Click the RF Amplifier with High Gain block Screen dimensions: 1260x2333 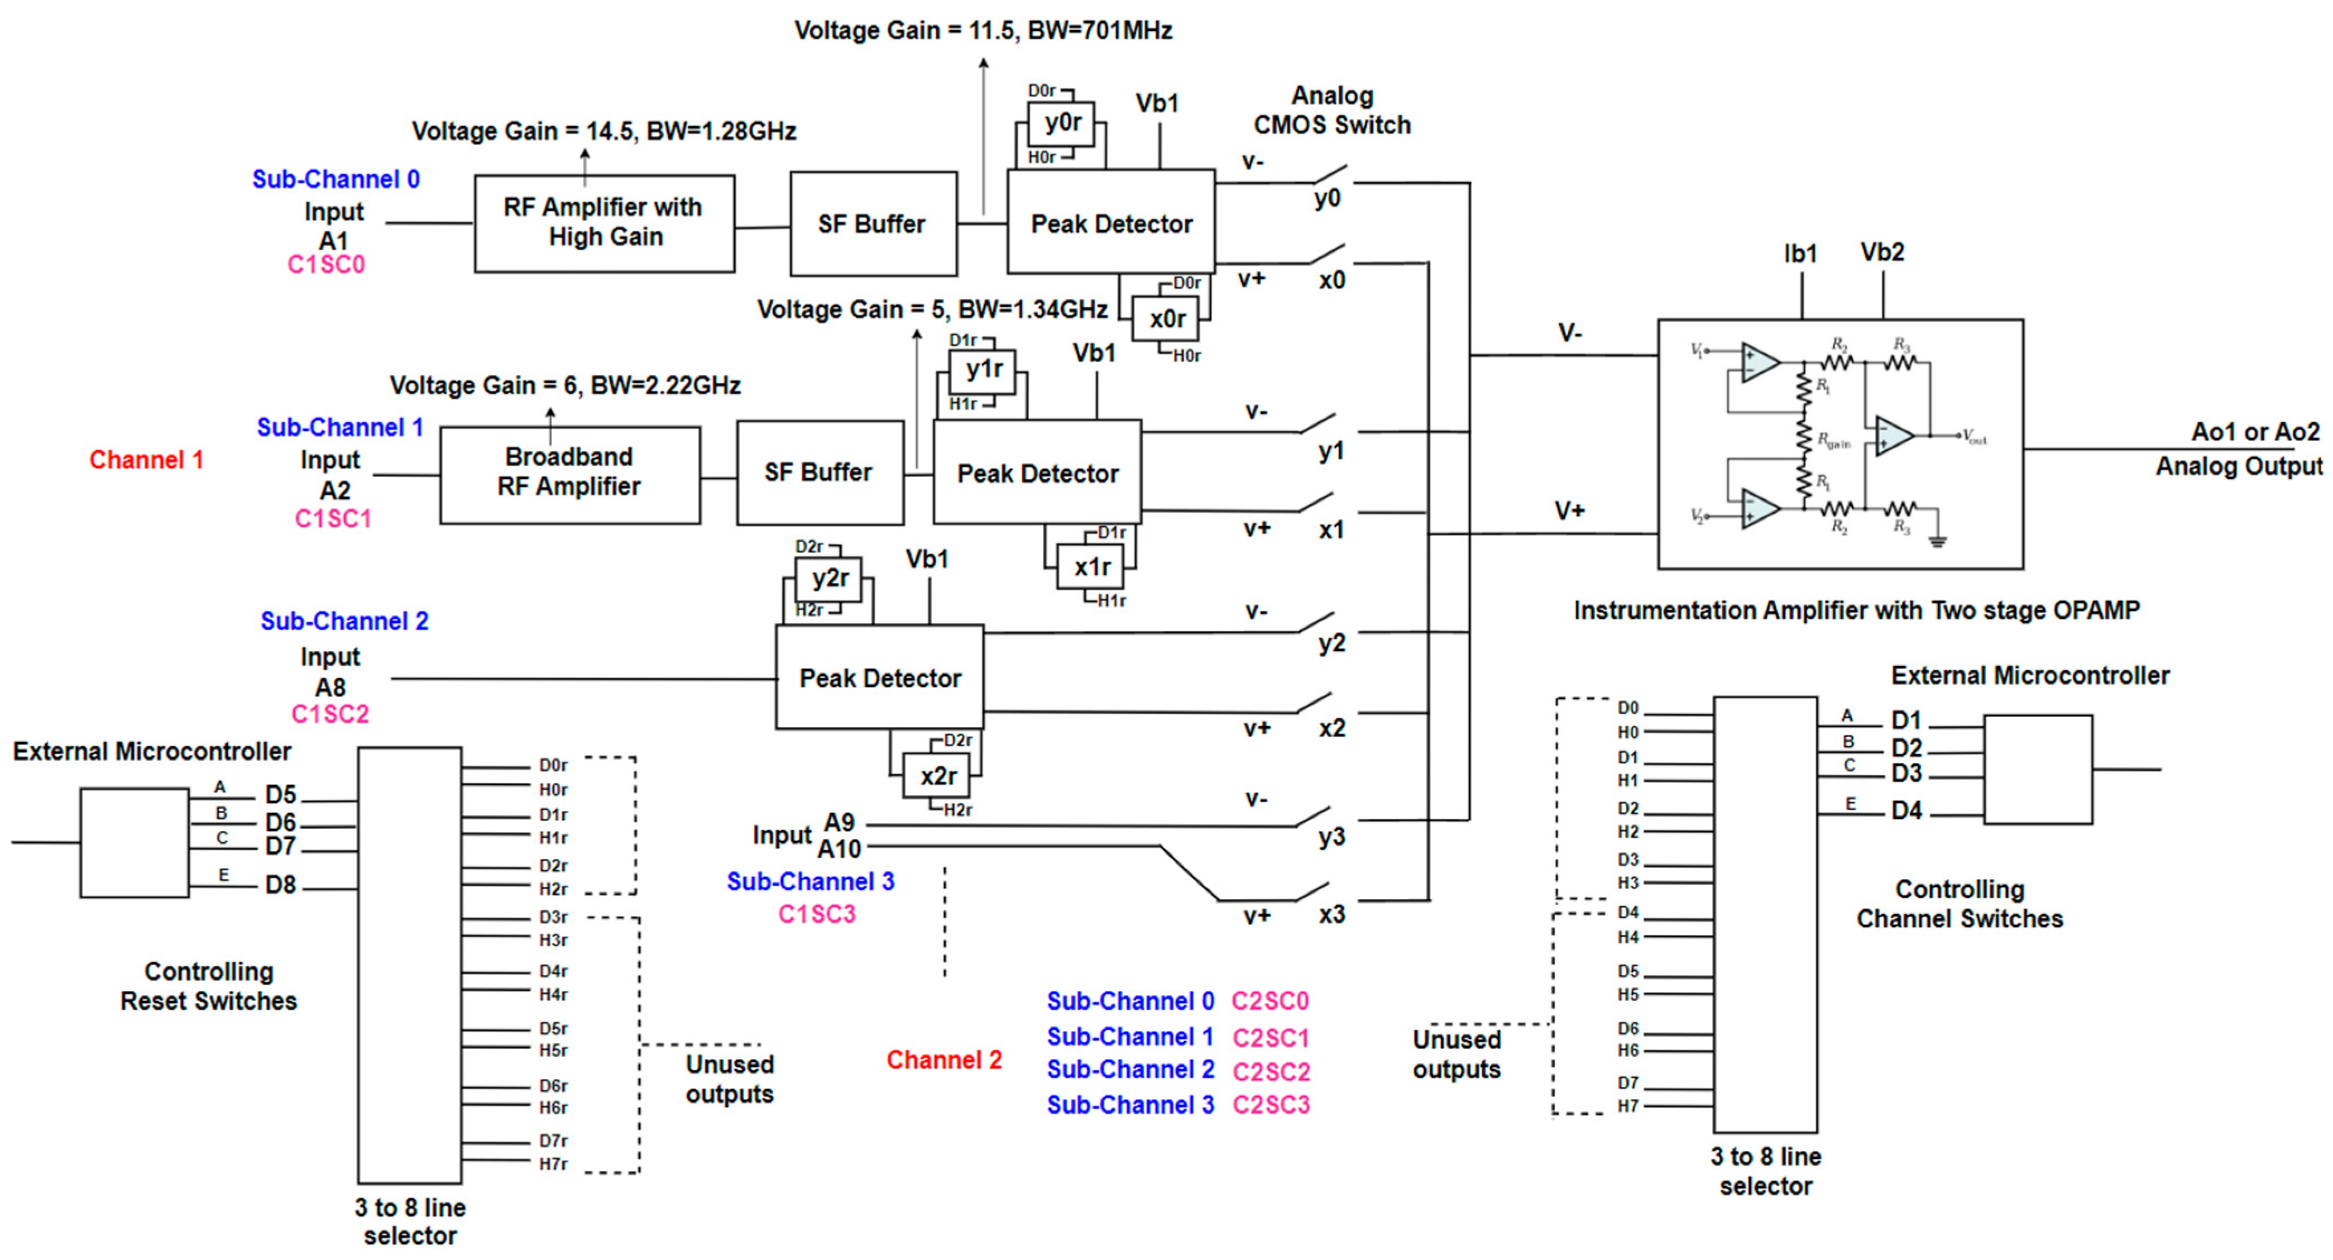pyautogui.click(x=604, y=223)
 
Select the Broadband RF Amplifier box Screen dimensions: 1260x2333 pyautogui.click(x=569, y=474)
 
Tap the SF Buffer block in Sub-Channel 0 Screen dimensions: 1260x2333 pyautogui.click(x=872, y=224)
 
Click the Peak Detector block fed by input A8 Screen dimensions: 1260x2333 pyautogui.click(x=879, y=677)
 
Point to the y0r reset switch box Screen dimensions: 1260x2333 pyautogui.click(x=1061, y=123)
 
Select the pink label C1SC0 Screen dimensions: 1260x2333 pyautogui.click(x=326, y=265)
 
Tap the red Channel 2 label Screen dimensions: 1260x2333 pyautogui.click(x=943, y=1060)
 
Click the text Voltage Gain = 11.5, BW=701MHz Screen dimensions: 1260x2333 pyautogui.click(x=983, y=31)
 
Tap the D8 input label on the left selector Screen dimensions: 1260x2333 pyautogui.click(x=281, y=885)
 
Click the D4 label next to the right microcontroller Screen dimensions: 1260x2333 pyautogui.click(x=1906, y=811)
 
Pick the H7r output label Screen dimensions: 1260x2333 pyautogui.click(x=553, y=1164)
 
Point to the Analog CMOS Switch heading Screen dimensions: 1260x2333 pyautogui.click(x=1331, y=111)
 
